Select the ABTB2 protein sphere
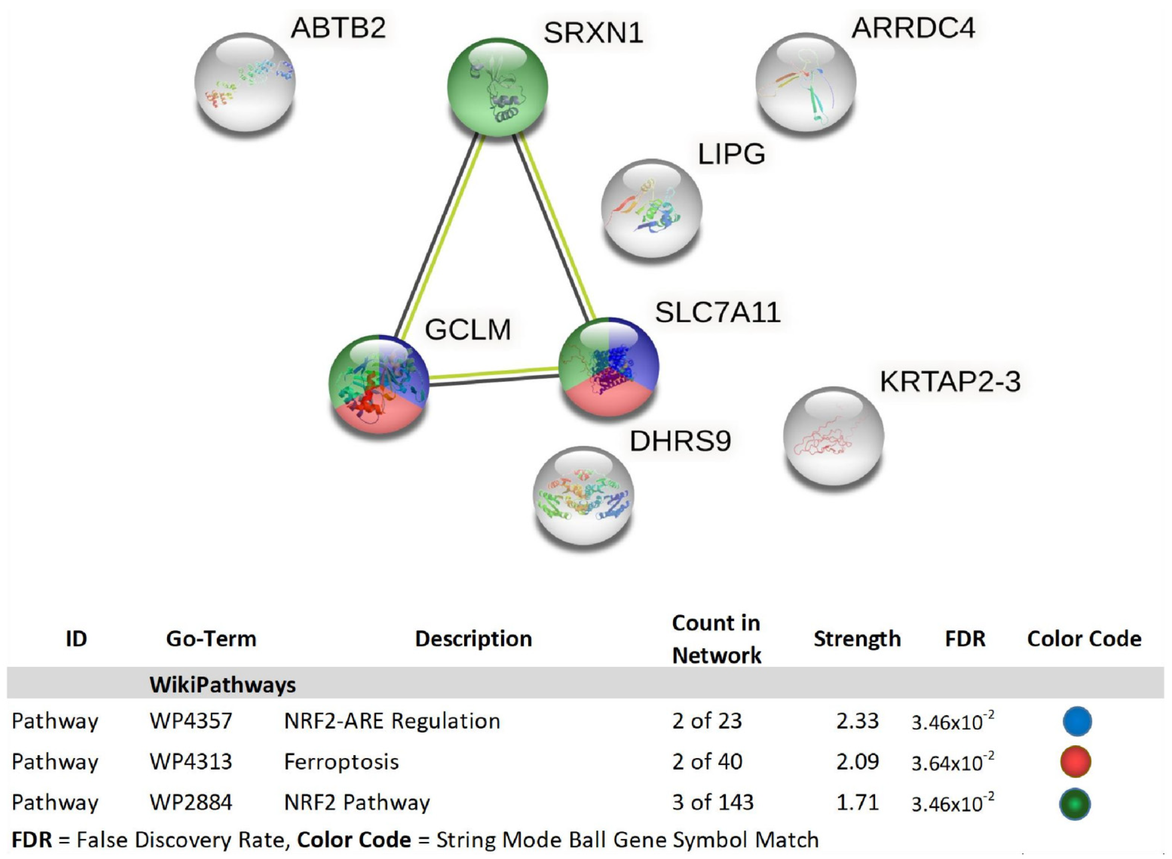tap(245, 82)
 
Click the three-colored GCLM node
tap(379, 384)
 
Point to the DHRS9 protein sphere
tap(583, 495)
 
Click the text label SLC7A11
tap(718, 312)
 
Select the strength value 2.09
tap(857, 762)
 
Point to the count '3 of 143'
tap(712, 802)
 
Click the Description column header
tap(473, 638)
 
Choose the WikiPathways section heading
tap(223, 684)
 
